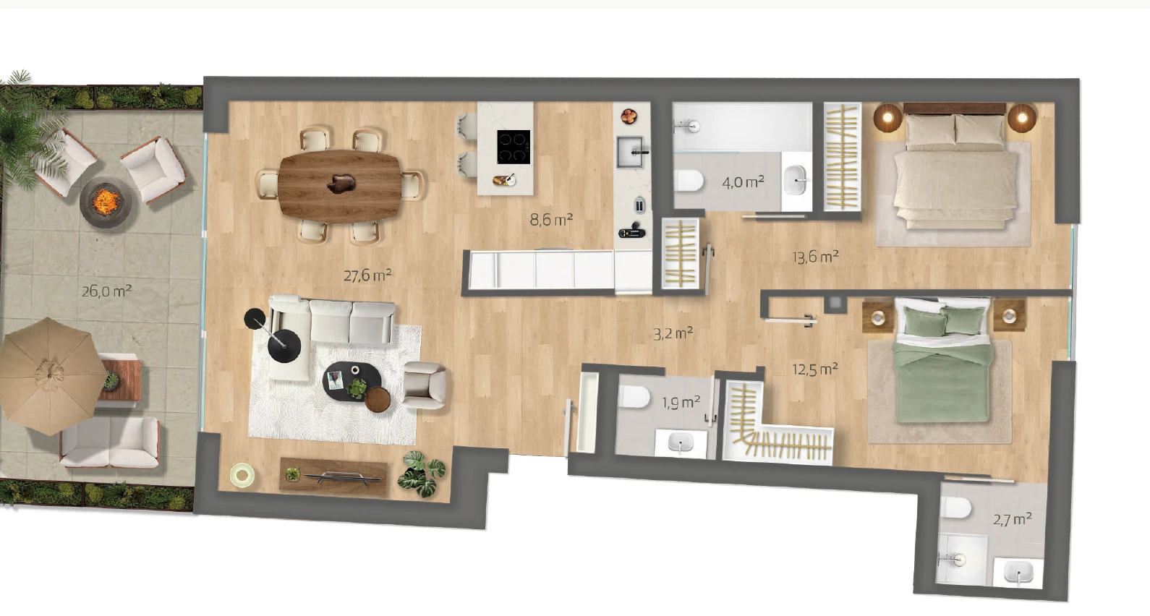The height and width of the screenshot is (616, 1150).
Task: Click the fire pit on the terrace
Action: click(x=106, y=202)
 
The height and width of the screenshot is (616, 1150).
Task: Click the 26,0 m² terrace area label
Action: click(x=107, y=291)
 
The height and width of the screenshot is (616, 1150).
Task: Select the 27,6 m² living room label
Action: click(x=367, y=275)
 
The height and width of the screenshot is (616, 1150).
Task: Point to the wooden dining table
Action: click(x=340, y=187)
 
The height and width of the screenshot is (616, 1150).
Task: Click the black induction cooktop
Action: click(x=514, y=147)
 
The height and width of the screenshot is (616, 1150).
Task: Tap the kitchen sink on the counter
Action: click(x=630, y=152)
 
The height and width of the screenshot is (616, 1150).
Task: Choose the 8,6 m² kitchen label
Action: click(x=551, y=220)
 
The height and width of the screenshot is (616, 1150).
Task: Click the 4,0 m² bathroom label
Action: click(x=744, y=181)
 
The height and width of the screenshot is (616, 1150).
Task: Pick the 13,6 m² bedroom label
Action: click(x=816, y=256)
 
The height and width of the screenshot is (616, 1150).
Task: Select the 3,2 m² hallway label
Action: click(x=673, y=334)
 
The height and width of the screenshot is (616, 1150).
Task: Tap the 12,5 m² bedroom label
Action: click(x=815, y=369)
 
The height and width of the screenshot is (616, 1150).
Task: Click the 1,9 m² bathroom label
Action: click(x=681, y=402)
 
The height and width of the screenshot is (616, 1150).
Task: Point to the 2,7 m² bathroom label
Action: click(x=1013, y=519)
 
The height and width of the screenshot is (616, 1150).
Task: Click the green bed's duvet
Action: click(x=941, y=381)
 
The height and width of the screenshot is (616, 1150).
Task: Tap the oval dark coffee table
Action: click(x=352, y=382)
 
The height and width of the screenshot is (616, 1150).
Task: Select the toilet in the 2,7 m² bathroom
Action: click(x=958, y=509)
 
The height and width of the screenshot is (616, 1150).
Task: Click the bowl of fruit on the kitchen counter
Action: click(x=629, y=116)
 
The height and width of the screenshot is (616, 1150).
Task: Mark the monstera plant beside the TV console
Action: click(x=422, y=474)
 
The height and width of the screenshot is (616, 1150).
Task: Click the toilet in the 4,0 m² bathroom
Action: click(x=689, y=181)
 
